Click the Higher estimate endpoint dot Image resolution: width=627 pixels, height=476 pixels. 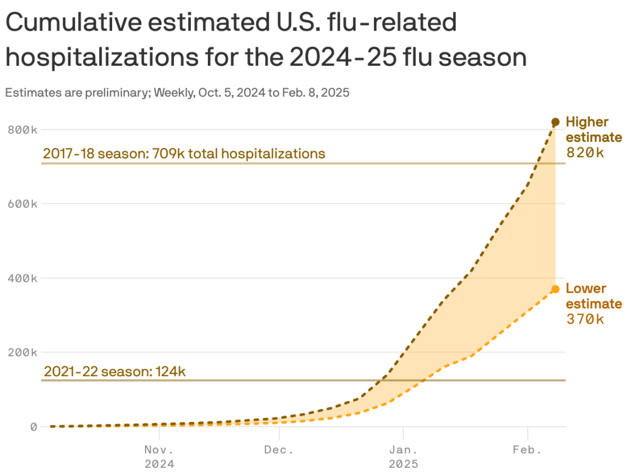tap(555, 122)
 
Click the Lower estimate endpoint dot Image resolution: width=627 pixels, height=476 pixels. tap(555, 289)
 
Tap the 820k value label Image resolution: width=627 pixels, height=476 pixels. tap(585, 153)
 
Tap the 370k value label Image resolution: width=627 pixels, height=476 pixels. tap(585, 319)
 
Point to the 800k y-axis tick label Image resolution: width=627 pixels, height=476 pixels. tap(23, 129)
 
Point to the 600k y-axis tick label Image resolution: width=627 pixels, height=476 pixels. tap(23, 204)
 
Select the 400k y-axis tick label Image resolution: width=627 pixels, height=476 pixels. tap(23, 278)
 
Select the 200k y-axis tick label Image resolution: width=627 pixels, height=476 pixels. tap(23, 352)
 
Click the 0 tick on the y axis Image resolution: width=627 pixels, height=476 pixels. tap(34, 427)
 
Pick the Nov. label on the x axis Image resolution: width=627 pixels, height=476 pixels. tap(159, 450)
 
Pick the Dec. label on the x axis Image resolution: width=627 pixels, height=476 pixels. tap(279, 450)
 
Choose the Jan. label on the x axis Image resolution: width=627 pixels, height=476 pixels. tap(403, 450)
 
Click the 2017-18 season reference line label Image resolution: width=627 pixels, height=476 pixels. tap(184, 154)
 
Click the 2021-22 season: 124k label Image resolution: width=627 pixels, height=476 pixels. tap(115, 372)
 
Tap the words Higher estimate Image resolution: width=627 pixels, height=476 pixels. tap(593, 129)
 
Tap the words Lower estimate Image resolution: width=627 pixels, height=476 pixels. tap(593, 296)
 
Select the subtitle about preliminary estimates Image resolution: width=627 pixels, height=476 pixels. tap(177, 92)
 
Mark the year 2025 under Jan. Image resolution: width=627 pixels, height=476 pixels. tap(403, 464)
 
